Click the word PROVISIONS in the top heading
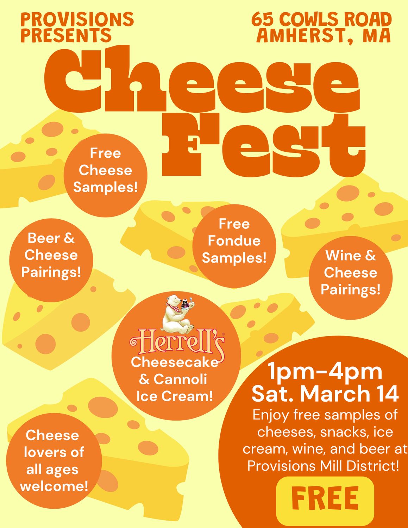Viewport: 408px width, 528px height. click(77, 20)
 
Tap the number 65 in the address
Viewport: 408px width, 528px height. click(263, 20)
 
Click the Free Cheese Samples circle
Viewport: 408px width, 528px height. click(105, 175)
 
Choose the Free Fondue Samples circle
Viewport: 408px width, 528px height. click(234, 245)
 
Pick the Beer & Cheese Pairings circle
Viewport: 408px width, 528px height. click(51, 260)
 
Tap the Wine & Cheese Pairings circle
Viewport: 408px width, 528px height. click(351, 277)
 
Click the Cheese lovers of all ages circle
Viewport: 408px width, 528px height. click(54, 461)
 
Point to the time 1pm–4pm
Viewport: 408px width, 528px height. click(325, 372)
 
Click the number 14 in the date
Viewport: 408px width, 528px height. click(387, 394)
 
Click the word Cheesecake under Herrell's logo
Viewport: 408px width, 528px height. click(175, 363)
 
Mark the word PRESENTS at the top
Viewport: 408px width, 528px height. click(66, 36)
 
